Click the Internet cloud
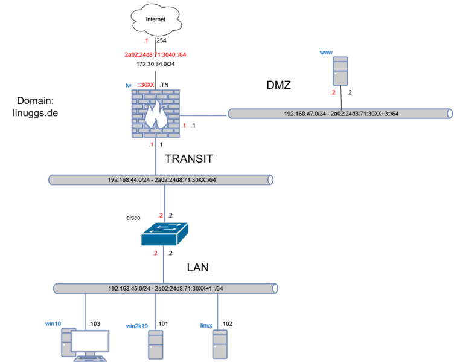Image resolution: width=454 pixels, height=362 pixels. coord(155,21)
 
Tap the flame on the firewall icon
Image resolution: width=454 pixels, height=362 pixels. coord(156,114)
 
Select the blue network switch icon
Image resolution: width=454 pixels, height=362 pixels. coord(164,234)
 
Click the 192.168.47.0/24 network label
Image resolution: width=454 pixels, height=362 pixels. coord(341,113)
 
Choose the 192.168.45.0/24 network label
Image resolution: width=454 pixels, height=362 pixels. coord(166,288)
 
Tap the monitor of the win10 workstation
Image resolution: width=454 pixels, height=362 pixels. coord(91,341)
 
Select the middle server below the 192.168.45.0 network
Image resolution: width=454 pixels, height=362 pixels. coord(156,344)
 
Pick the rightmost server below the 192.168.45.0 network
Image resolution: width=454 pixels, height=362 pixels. coord(220,344)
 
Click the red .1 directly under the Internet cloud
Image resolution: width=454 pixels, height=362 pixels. coord(145,41)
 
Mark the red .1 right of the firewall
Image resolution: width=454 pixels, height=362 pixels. coord(184,126)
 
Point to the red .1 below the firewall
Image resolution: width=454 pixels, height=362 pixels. coord(151,144)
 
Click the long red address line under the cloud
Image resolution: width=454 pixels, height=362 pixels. coord(155,54)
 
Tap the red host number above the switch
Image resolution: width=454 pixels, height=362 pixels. coord(161,215)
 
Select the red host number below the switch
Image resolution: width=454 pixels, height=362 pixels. coord(155,253)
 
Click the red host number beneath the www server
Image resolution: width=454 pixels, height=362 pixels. coord(333,93)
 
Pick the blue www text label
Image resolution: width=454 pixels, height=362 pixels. coord(325,53)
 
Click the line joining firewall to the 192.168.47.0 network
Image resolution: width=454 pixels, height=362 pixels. coord(204,114)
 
